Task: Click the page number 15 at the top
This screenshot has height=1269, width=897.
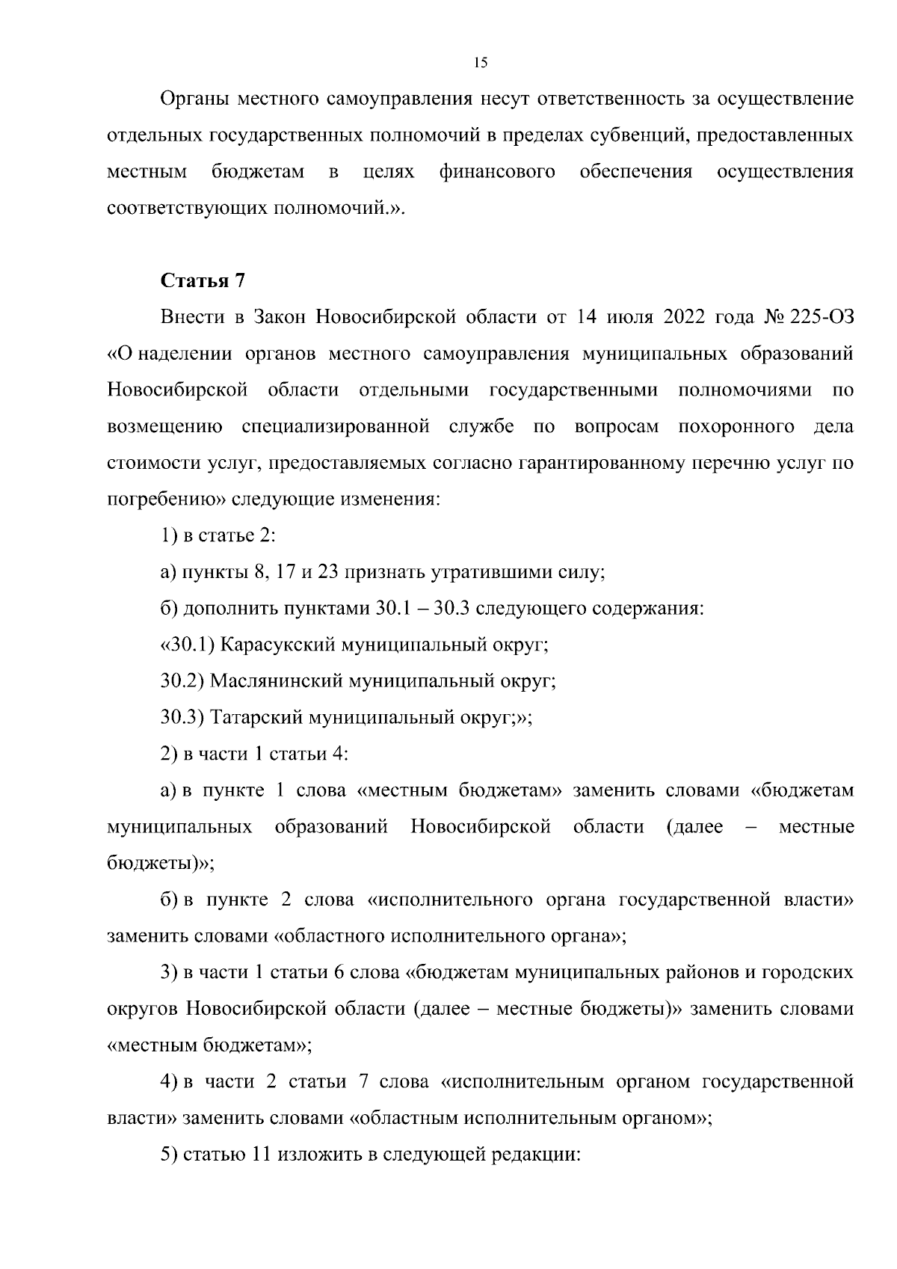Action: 481,63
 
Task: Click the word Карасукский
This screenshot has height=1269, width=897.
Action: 277,645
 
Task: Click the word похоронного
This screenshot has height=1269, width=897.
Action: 736,427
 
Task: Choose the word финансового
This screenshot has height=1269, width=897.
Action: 497,172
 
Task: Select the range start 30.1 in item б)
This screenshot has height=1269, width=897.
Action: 388,609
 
